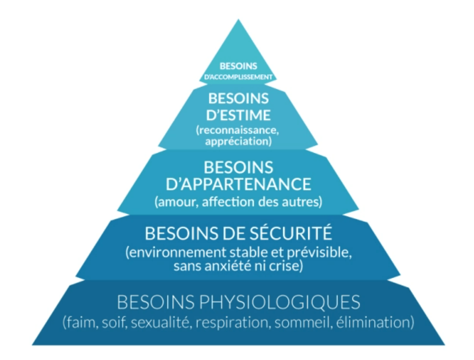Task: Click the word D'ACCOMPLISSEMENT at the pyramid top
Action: [238, 77]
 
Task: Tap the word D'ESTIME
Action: [238, 115]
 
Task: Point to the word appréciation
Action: [238, 141]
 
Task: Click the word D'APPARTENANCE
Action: [239, 184]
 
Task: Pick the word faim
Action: [81, 322]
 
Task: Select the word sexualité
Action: [160, 322]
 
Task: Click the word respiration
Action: [232, 323]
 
